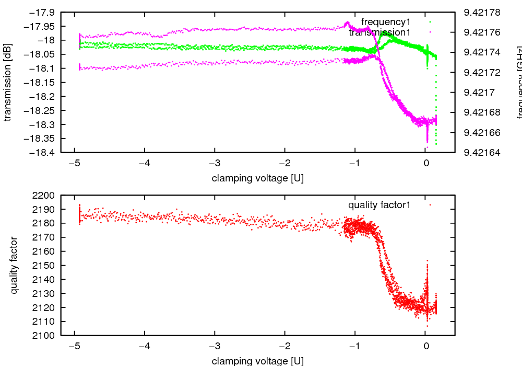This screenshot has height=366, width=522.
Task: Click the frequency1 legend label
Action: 386,22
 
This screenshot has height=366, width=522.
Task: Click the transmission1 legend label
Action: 379,32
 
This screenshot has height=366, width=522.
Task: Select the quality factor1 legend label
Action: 379,205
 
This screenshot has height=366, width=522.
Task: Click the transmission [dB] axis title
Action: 7,83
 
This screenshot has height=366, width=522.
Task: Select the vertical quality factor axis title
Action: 15,265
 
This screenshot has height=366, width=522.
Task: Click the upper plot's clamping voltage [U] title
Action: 258,178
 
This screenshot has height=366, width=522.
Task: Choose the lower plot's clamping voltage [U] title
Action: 258,361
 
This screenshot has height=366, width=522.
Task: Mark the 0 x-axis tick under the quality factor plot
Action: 426,346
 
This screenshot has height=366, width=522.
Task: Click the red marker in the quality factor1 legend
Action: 430,205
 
